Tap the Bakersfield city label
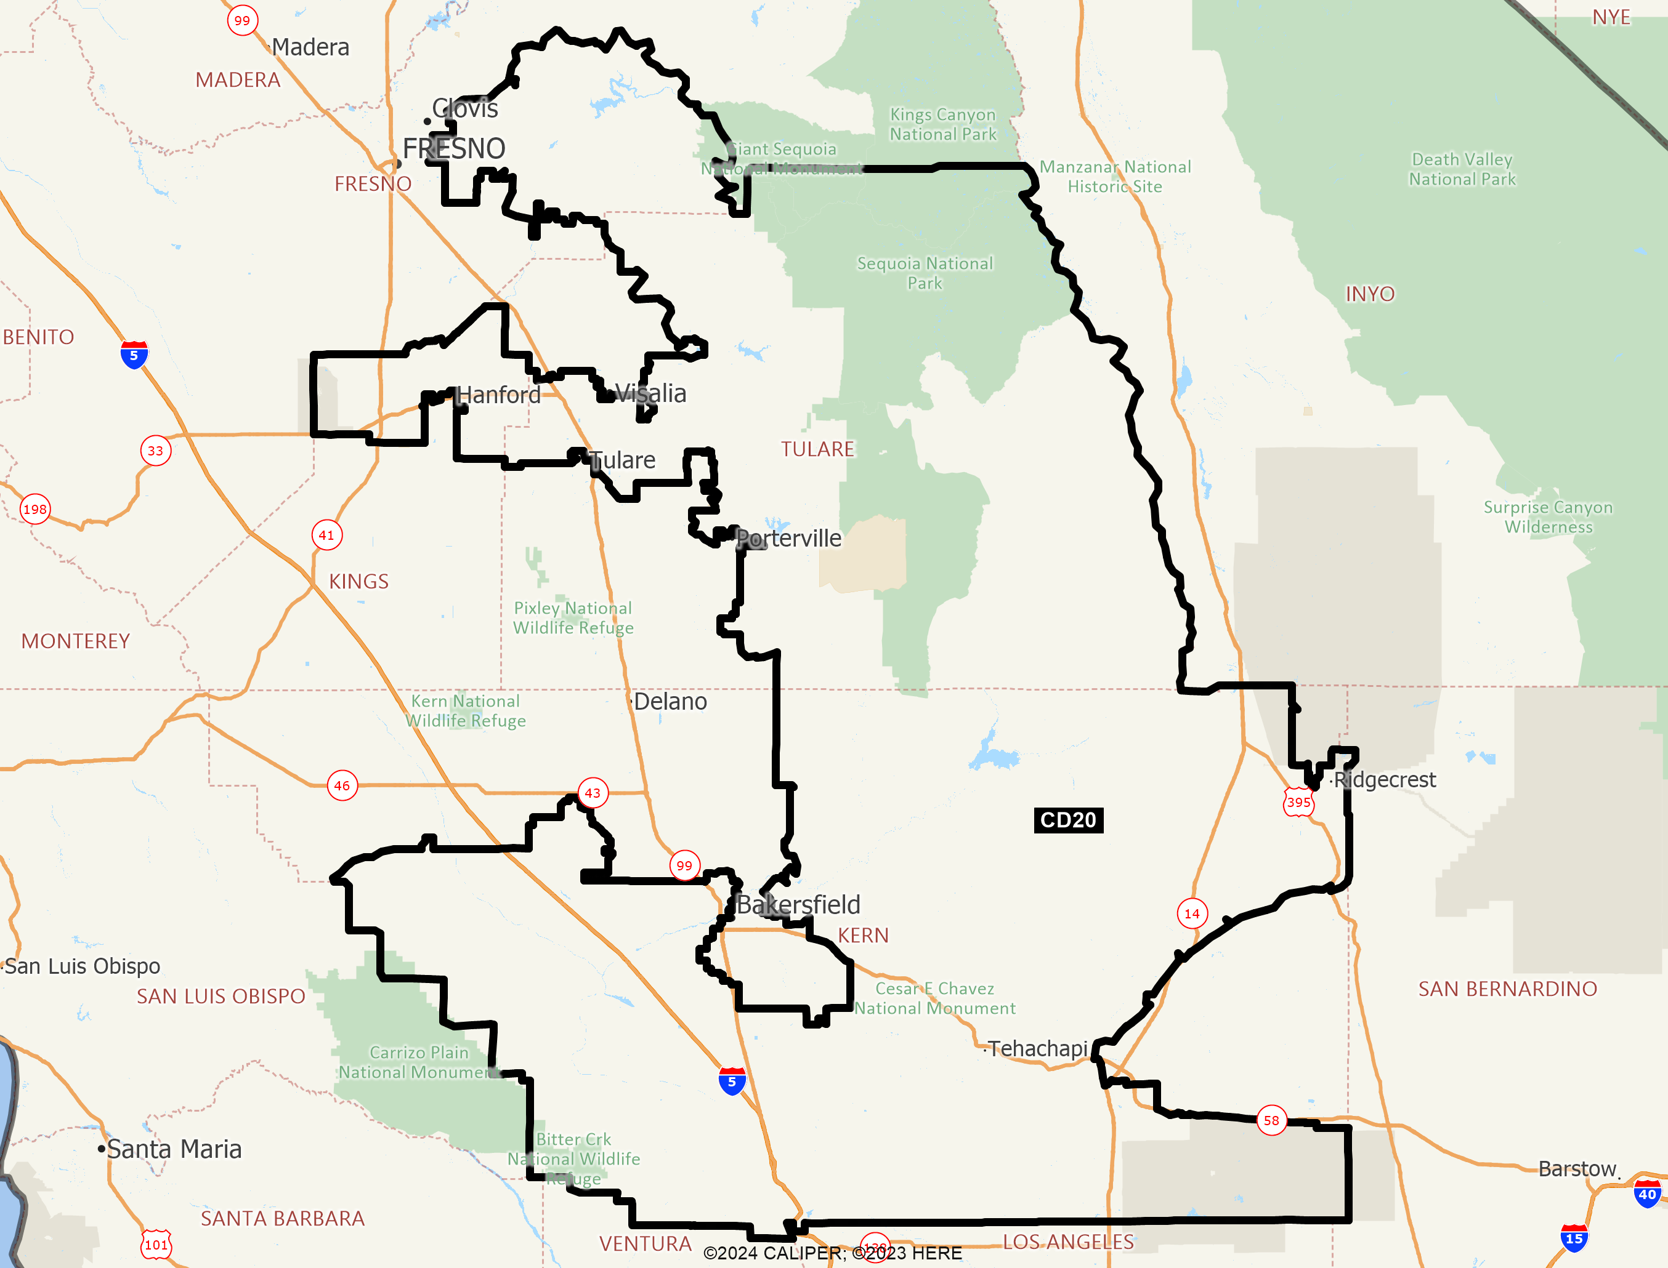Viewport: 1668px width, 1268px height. coord(798,904)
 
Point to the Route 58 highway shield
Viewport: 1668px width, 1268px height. coord(1271,1120)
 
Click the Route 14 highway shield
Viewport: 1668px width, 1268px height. coord(1191,913)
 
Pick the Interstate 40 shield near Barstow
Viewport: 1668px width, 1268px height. coord(1647,1195)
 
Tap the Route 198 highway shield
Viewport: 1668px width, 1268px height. coord(34,508)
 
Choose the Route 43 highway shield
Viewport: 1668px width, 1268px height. coord(593,793)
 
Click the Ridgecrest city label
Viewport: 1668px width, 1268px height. coord(1384,780)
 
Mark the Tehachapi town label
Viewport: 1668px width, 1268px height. coord(1037,1048)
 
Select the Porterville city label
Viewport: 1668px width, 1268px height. coord(788,538)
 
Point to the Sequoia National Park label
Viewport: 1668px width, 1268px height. coord(925,273)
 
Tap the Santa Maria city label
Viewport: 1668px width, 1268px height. coord(174,1149)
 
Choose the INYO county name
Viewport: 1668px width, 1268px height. coord(1370,294)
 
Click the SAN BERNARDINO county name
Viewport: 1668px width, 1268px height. coord(1507,989)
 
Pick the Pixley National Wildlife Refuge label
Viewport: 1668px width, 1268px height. coord(573,617)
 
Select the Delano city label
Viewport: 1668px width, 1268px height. coord(670,701)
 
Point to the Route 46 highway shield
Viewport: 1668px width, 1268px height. coord(342,785)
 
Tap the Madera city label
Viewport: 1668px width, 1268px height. coord(310,47)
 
